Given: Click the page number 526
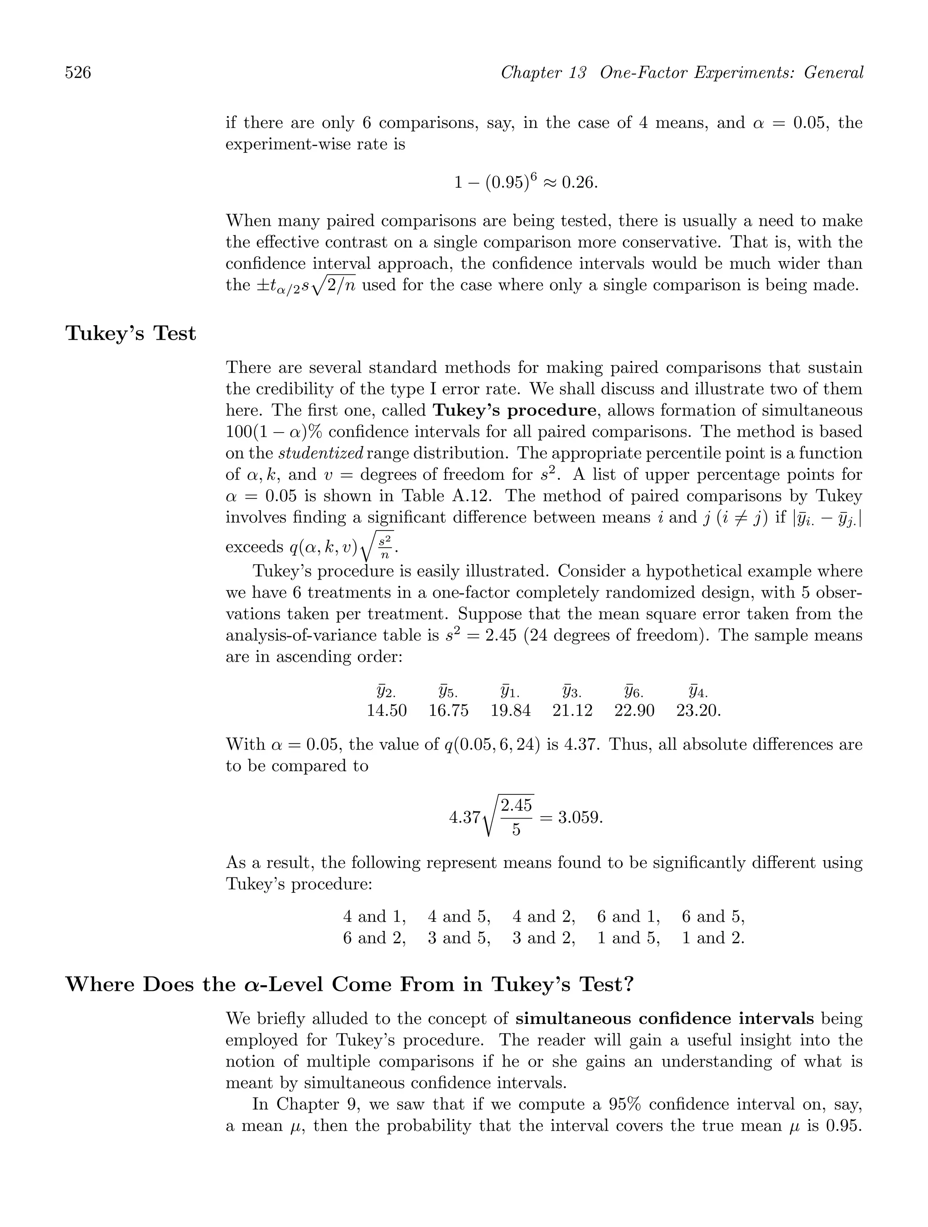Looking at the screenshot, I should pos(78,73).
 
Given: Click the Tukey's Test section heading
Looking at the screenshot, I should pos(131,333).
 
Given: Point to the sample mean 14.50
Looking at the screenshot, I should pos(387,711).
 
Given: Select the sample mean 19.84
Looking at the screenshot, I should pos(510,711).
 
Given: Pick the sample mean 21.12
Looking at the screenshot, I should pos(572,711).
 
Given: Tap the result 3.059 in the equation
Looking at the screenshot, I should pos(579,818).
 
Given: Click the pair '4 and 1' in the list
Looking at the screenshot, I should pos(374,916).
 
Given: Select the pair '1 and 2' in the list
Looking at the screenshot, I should pos(713,938).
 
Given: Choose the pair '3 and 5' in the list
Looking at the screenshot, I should pos(459,938).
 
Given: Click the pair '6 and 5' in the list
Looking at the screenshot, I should pos(713,916).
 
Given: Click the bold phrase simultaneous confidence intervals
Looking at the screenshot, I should pos(665,1018).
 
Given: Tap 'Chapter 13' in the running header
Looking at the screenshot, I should pos(543,73).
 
